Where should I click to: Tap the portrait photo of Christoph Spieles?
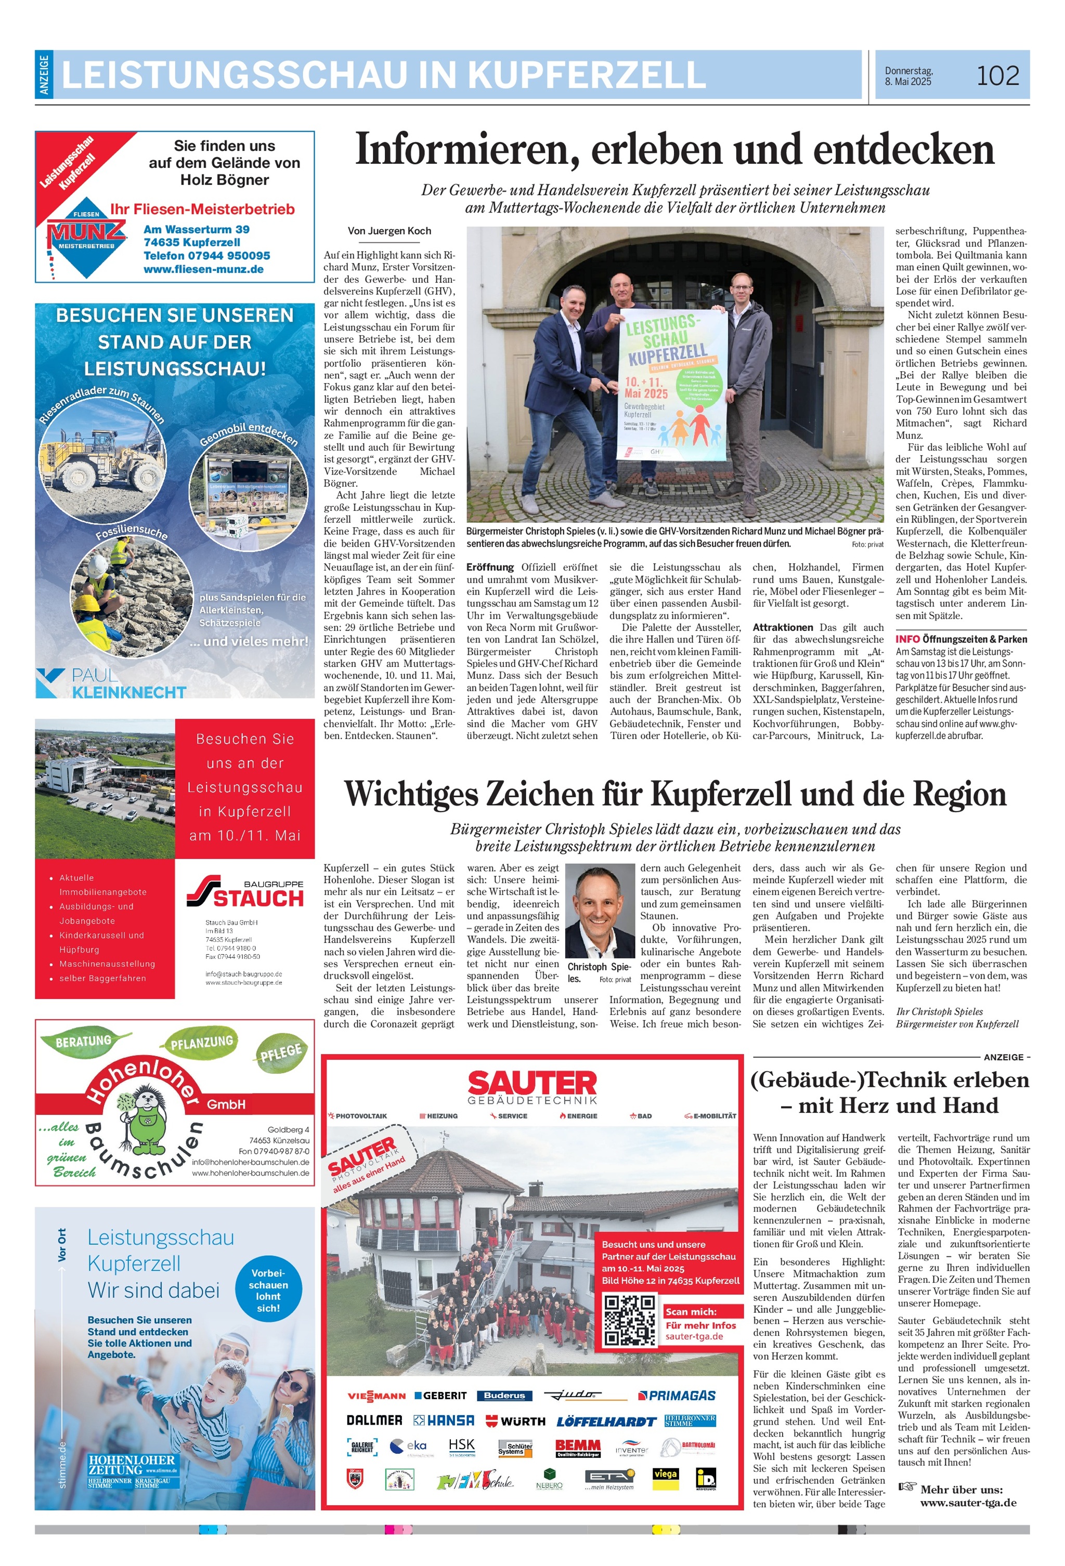pos(599,911)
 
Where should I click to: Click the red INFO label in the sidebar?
pos(907,639)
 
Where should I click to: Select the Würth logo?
pos(516,1421)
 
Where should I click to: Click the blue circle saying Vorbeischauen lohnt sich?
pos(268,1289)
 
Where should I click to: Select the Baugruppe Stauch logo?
pos(245,893)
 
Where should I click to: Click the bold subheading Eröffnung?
pos(490,568)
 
